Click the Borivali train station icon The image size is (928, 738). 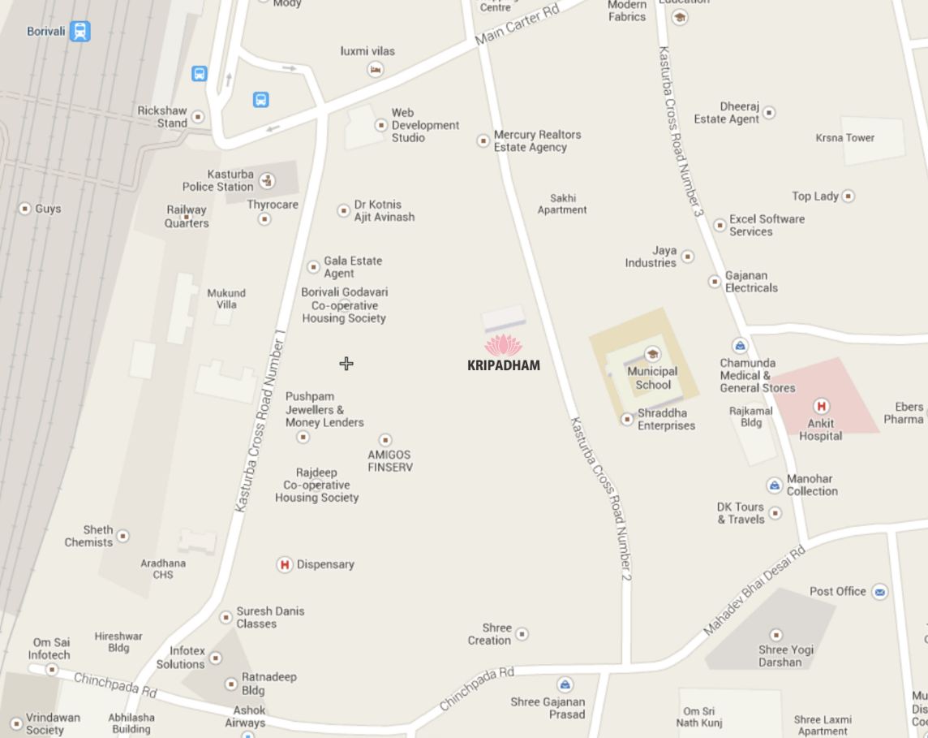(79, 32)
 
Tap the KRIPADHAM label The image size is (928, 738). (504, 365)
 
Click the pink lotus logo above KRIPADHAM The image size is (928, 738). (504, 345)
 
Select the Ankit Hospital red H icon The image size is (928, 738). (821, 406)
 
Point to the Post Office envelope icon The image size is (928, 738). (879, 592)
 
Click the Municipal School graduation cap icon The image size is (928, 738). (652, 354)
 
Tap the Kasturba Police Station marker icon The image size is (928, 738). (267, 180)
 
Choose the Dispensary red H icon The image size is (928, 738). (285, 564)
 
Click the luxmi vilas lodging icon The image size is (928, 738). (375, 70)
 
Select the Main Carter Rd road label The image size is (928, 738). (518, 25)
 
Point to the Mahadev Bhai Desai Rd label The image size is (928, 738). (754, 590)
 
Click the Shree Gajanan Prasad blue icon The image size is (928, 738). (565, 685)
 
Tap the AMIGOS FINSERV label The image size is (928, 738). (389, 461)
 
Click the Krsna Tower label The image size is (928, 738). (844, 138)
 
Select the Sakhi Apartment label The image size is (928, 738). (562, 204)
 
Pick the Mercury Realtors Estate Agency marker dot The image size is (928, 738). (483, 140)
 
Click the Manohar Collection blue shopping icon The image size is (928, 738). (775, 486)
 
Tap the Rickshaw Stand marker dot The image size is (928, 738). (198, 117)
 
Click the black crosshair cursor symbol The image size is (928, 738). (346, 364)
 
